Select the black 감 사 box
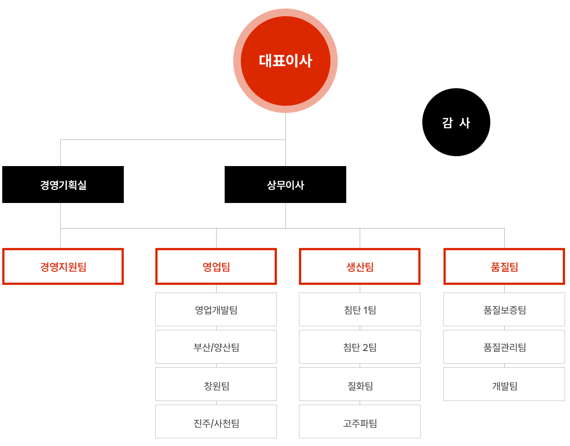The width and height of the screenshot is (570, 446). point(456,122)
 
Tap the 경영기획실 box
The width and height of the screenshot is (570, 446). point(63,185)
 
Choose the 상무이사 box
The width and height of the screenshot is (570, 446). point(285,185)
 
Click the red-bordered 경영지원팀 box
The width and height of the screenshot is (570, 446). point(63,266)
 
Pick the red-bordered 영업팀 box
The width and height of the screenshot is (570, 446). point(216,266)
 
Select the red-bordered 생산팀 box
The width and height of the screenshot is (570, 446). point(360,266)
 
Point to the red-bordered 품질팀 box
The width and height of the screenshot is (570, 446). point(504,266)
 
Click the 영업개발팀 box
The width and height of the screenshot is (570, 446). point(216,310)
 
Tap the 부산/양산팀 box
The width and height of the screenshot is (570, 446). point(216,347)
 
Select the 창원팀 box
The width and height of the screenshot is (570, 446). point(216,385)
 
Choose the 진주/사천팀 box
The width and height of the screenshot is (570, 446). point(216,423)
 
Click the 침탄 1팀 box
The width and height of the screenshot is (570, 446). point(360,310)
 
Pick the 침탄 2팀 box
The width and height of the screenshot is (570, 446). point(360,347)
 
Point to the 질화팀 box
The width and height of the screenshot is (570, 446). point(360,385)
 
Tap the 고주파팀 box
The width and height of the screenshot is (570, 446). point(360,423)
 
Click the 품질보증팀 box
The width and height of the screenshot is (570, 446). point(504,310)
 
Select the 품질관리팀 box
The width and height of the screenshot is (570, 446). point(504,347)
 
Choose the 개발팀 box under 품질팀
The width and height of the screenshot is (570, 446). point(504,385)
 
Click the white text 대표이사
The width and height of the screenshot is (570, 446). point(285,61)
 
